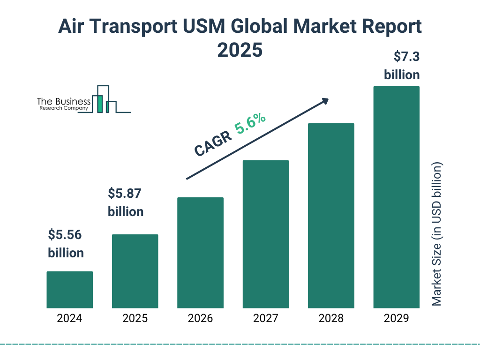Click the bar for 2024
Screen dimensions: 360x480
click(x=69, y=290)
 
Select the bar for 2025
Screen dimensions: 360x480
click(x=135, y=271)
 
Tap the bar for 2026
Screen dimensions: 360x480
click(x=200, y=253)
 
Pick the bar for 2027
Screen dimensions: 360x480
click(x=265, y=234)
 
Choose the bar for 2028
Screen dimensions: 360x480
click(x=331, y=216)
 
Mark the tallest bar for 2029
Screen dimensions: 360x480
click(x=396, y=197)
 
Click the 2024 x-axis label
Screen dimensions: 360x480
click(x=69, y=319)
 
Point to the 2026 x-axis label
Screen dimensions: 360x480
click(x=200, y=319)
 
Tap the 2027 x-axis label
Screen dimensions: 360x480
click(x=265, y=319)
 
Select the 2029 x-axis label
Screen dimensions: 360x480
click(x=396, y=319)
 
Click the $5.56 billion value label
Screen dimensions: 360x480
click(x=66, y=244)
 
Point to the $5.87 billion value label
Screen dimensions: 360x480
click(x=126, y=202)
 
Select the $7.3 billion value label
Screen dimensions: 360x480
click(x=402, y=66)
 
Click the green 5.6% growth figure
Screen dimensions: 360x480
click(x=250, y=124)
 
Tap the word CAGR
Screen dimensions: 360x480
click(x=213, y=143)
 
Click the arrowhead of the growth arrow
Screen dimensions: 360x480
click(x=325, y=101)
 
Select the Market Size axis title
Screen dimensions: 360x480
click(x=437, y=234)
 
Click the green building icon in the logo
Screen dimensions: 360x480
click(x=99, y=103)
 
